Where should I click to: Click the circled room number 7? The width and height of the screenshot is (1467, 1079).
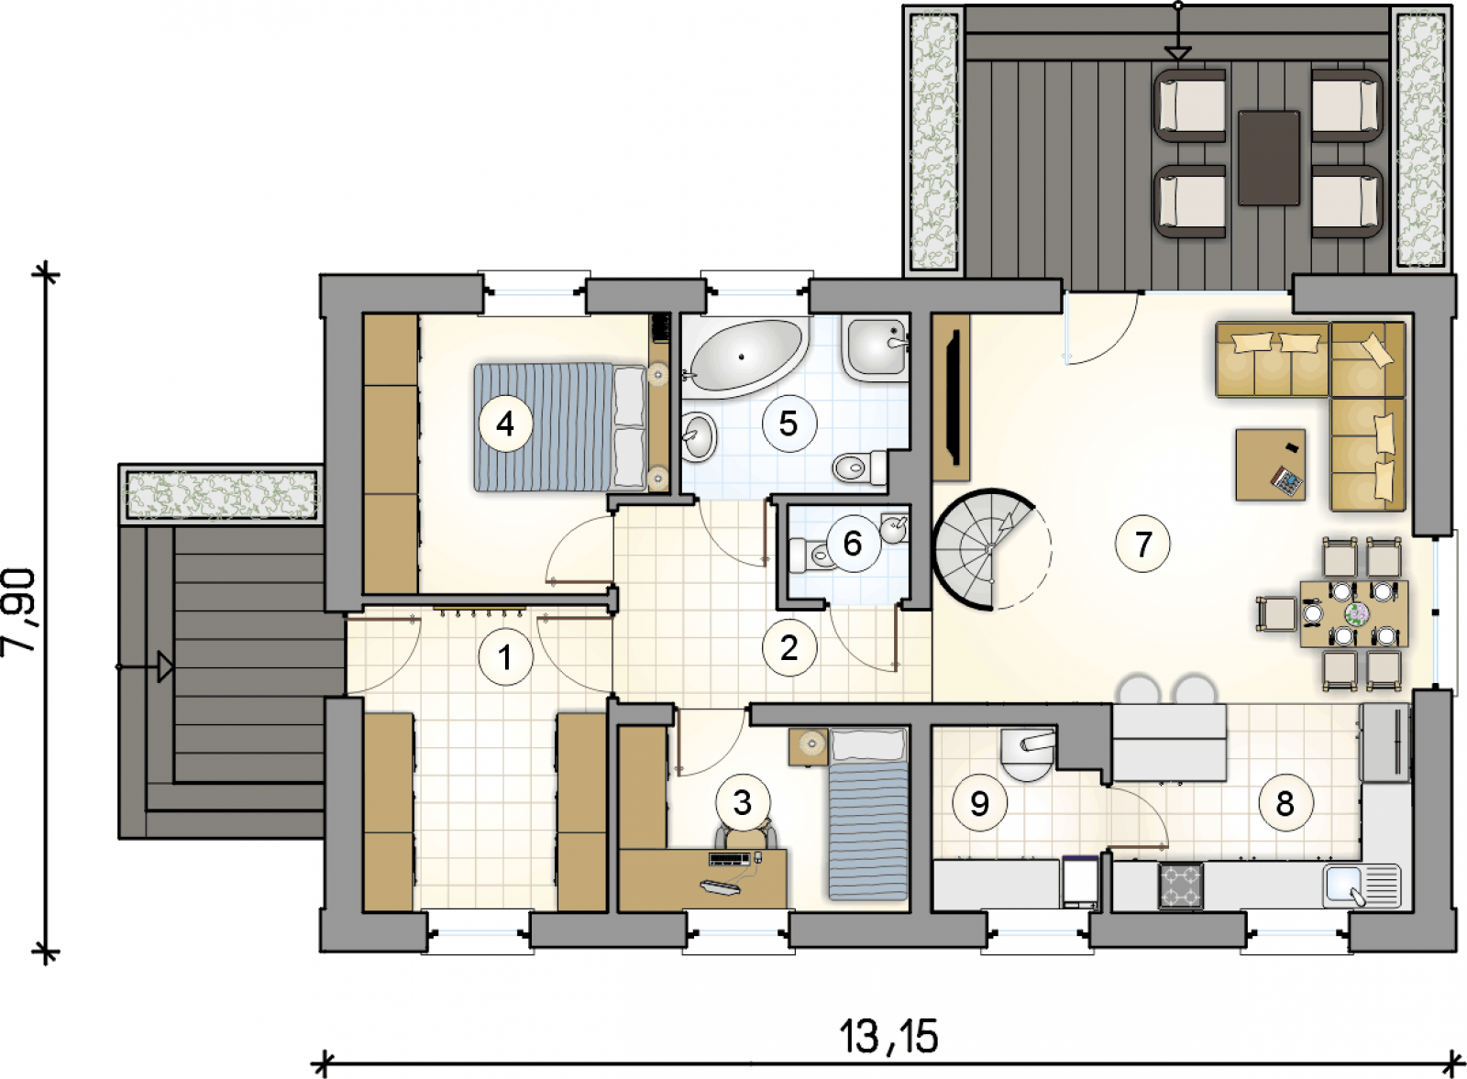tap(1142, 544)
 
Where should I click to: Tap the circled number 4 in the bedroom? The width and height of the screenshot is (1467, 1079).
tap(505, 424)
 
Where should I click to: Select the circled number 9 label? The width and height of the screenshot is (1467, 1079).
tap(979, 803)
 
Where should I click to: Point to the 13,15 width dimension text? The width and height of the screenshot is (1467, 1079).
tap(888, 1037)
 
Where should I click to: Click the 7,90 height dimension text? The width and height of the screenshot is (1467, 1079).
tap(19, 611)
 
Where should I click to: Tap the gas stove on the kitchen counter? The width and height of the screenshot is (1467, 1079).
tap(1181, 886)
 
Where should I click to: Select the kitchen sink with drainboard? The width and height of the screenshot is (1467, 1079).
tap(1362, 886)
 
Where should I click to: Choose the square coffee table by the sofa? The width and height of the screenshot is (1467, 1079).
tap(1270, 465)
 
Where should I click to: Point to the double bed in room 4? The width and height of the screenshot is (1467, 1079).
tap(560, 427)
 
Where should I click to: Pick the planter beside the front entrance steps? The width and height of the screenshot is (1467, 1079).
tap(222, 494)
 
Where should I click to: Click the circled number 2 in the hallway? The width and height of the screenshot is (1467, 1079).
tap(789, 647)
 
